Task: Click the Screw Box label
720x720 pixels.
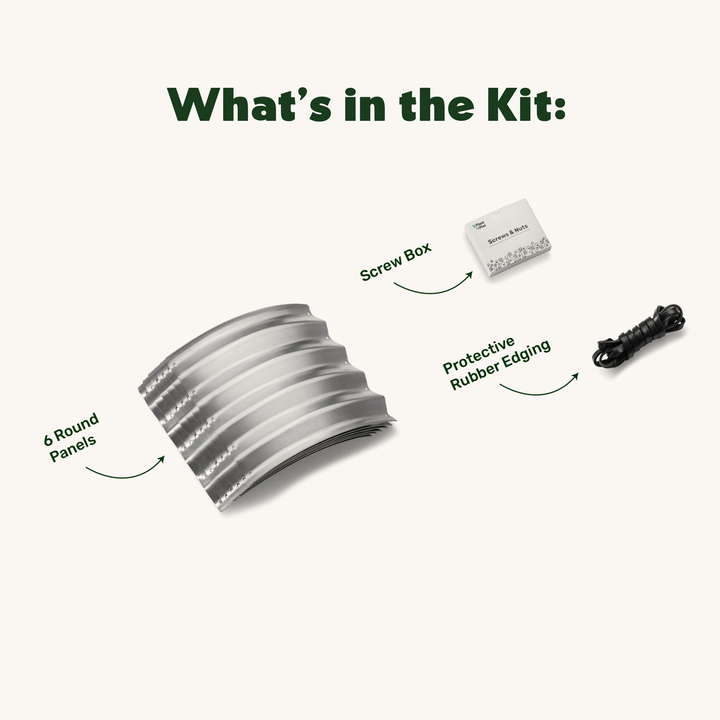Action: (x=396, y=263)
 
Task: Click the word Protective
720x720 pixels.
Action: (x=479, y=355)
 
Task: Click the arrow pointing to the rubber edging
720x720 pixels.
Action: (x=540, y=391)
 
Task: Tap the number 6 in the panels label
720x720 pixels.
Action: (x=48, y=440)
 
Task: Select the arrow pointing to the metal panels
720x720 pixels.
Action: (x=126, y=474)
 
